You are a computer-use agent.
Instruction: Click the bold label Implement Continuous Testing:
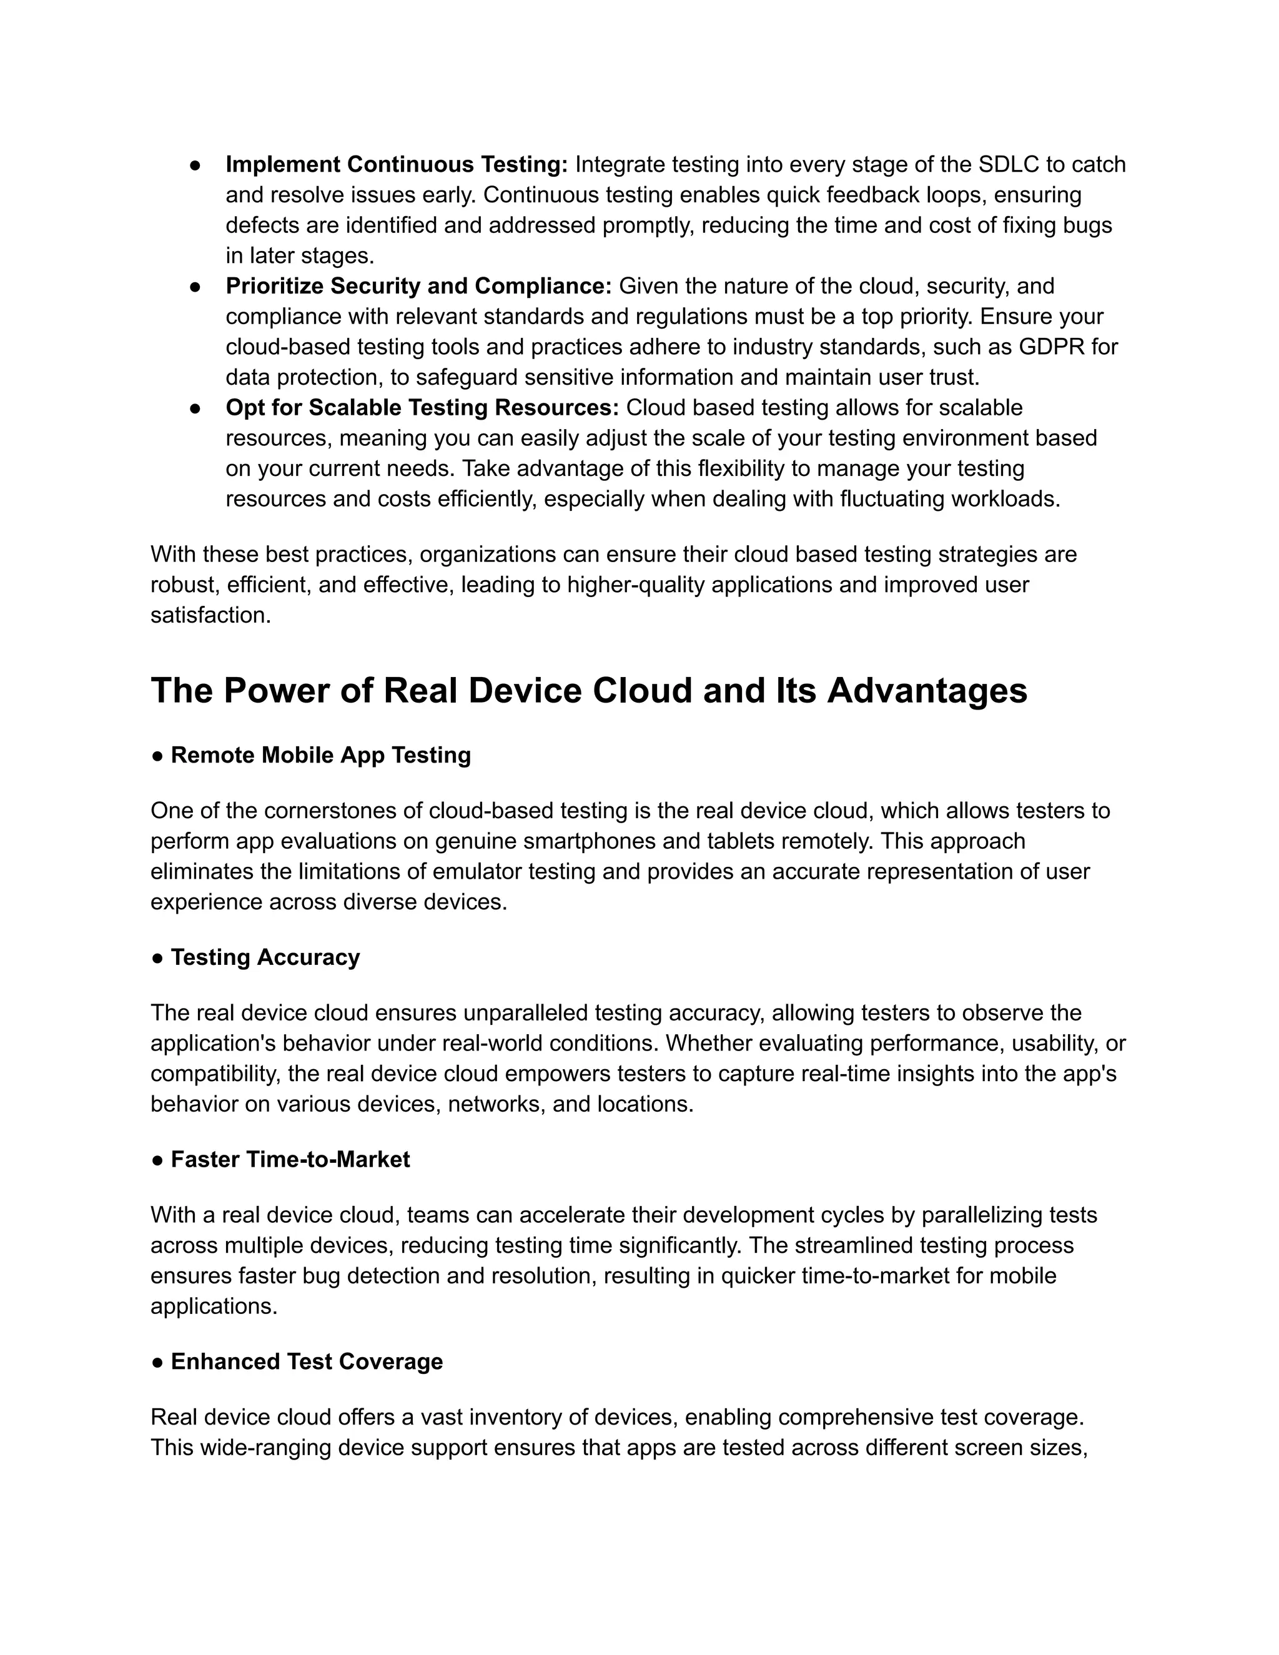tap(397, 164)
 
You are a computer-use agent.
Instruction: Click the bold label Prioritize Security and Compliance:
tap(418, 287)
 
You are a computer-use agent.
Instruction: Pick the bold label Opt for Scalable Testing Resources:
tap(422, 408)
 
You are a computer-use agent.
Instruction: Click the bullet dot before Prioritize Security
tap(195, 287)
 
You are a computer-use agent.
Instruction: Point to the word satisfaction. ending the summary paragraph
tap(210, 615)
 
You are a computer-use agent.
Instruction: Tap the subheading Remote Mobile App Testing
tap(320, 756)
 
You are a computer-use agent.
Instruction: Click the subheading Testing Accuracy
tap(265, 958)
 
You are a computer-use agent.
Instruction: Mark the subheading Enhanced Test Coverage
tap(307, 1361)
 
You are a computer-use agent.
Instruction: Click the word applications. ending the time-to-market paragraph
tap(214, 1307)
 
